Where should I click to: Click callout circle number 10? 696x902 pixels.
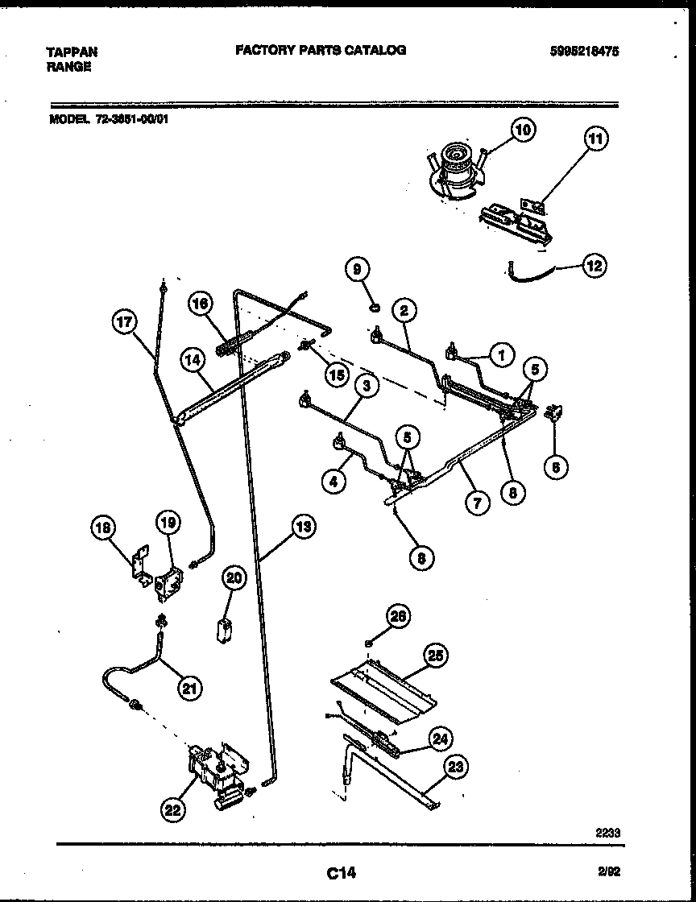[524, 130]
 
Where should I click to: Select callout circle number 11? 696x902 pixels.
[594, 139]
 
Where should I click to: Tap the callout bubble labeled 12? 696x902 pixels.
[594, 265]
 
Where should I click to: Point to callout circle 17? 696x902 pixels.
[123, 322]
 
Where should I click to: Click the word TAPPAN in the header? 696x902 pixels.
[72, 52]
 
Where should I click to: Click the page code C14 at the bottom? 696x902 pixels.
[341, 872]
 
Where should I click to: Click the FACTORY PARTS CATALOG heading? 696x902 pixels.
[321, 50]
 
